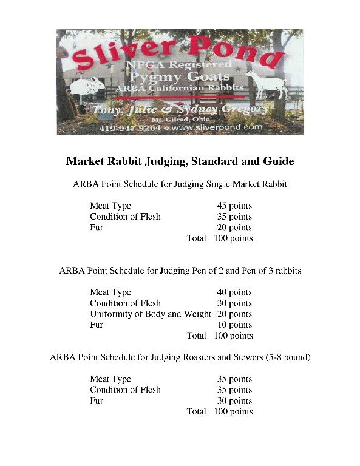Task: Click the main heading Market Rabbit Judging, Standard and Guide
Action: click(180, 162)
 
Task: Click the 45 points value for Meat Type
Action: click(234, 206)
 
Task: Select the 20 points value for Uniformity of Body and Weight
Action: click(234, 314)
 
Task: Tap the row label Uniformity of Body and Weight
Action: click(150, 314)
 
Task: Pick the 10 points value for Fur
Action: click(234, 325)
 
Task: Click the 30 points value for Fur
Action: click(234, 400)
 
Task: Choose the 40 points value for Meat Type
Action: click(234, 292)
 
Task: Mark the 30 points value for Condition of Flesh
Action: click(234, 303)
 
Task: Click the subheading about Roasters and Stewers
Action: click(180, 357)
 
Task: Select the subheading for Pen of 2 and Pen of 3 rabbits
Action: click(180, 271)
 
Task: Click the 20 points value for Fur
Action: click(234, 228)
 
